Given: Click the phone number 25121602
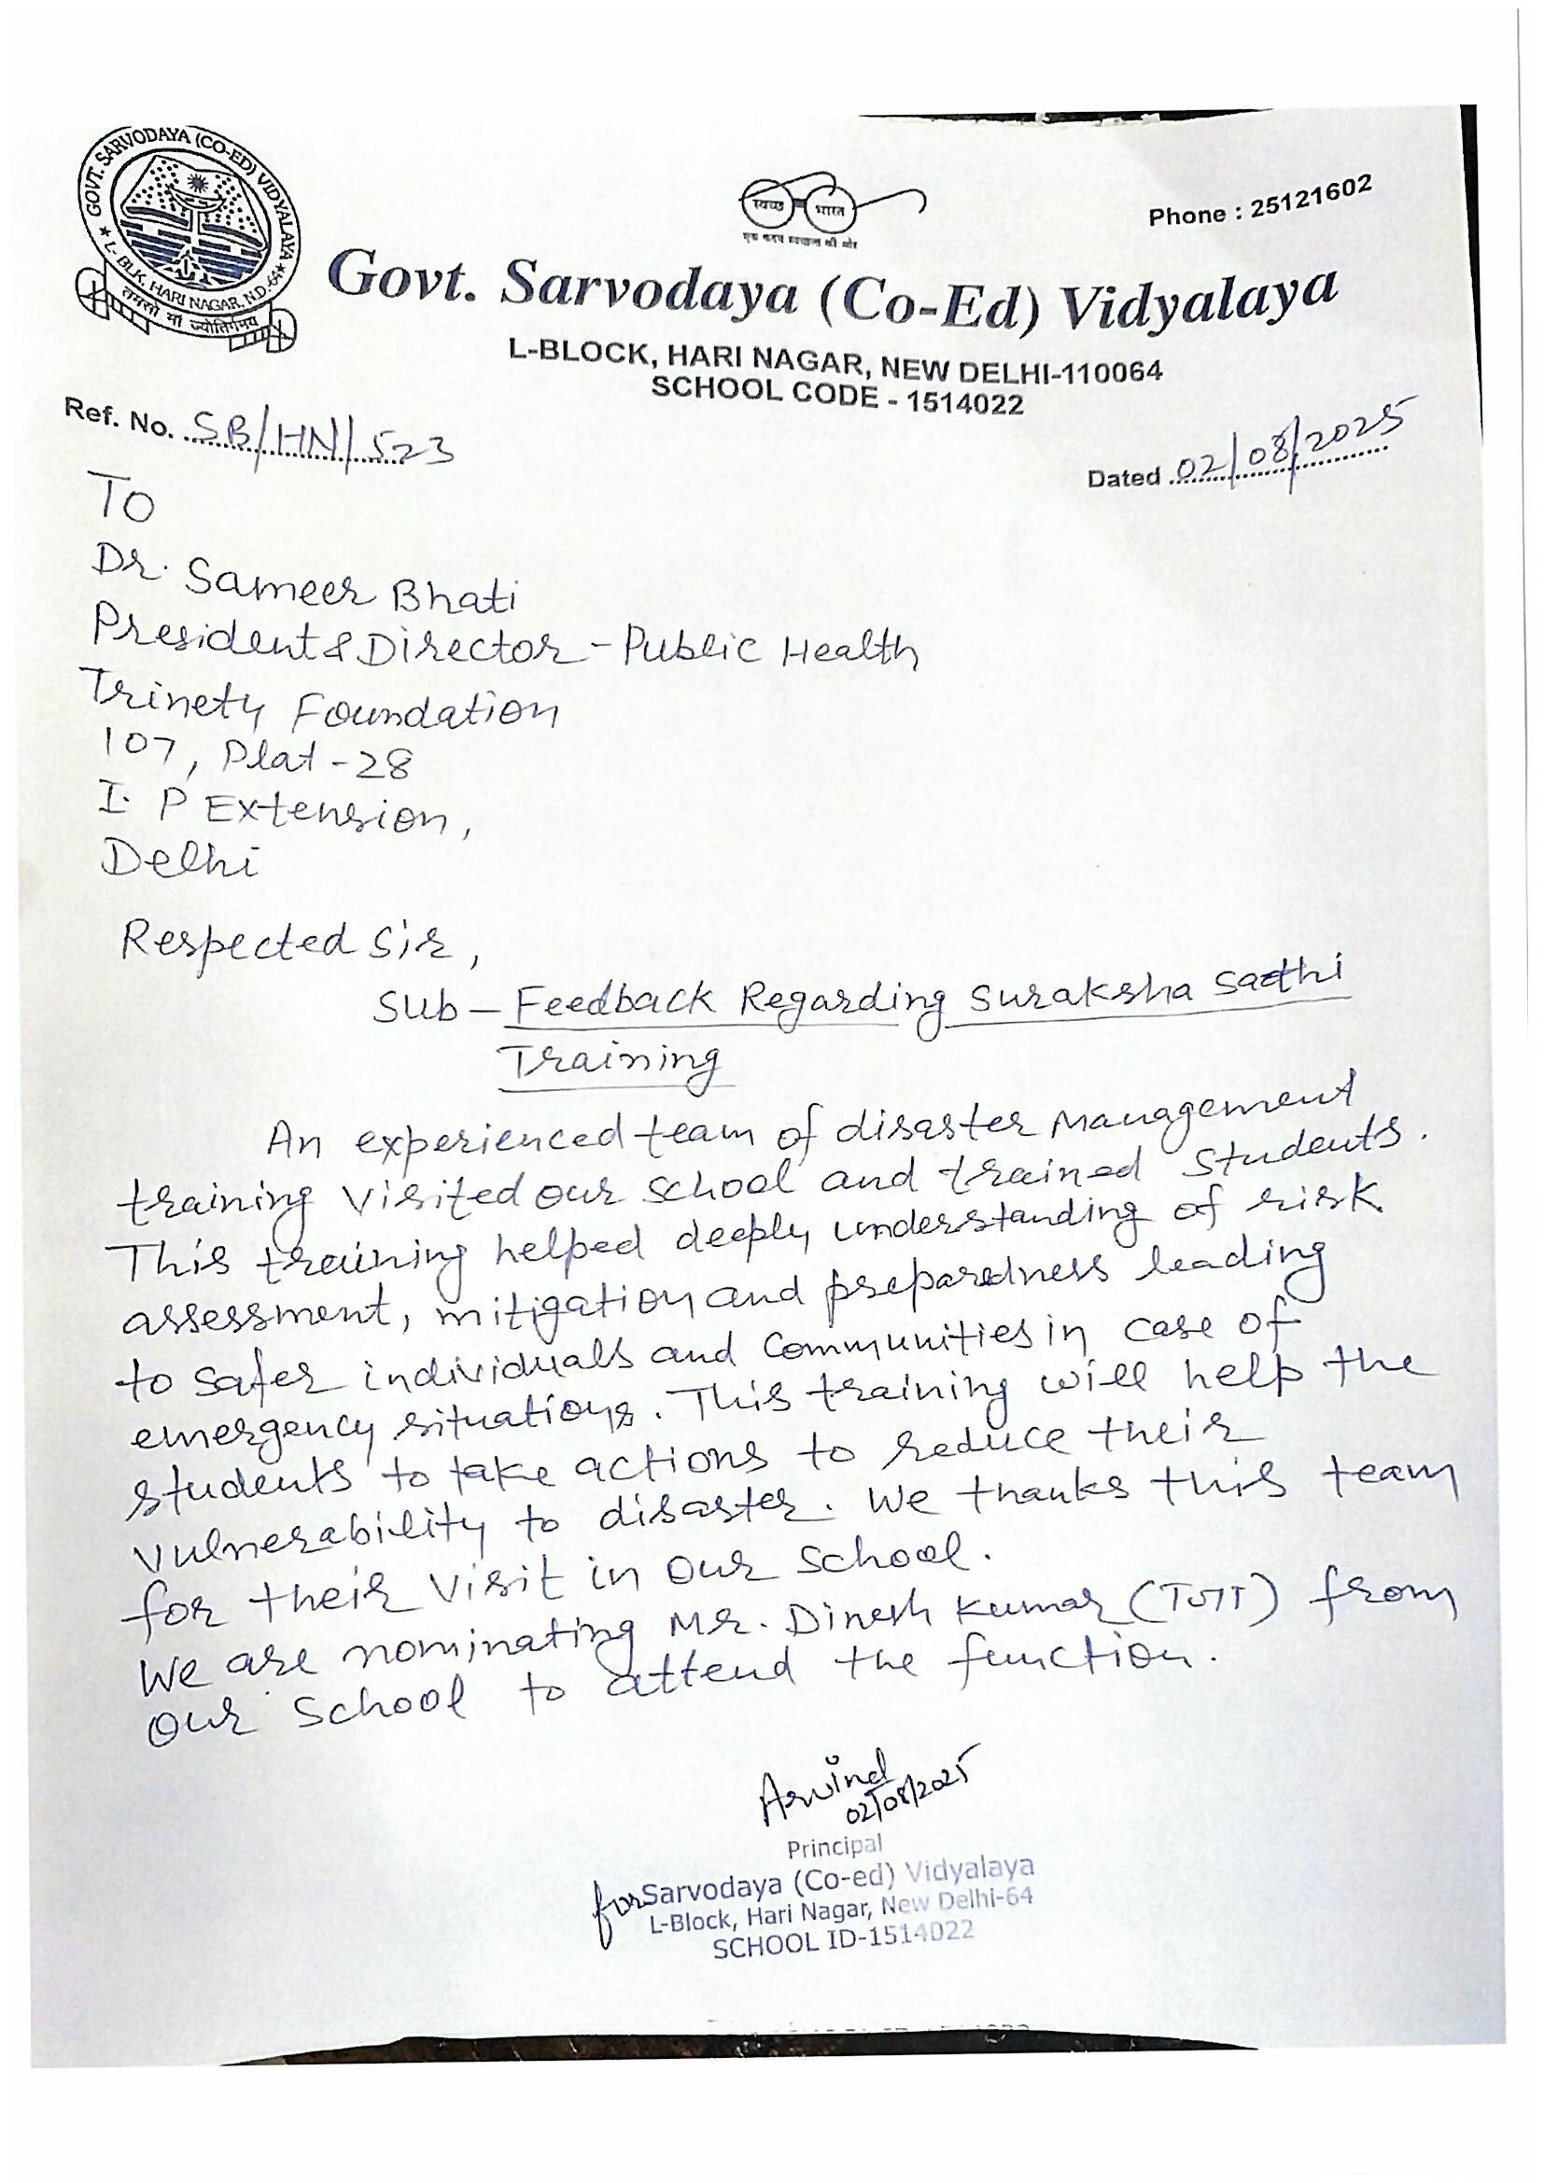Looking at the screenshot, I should tap(1311, 197).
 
